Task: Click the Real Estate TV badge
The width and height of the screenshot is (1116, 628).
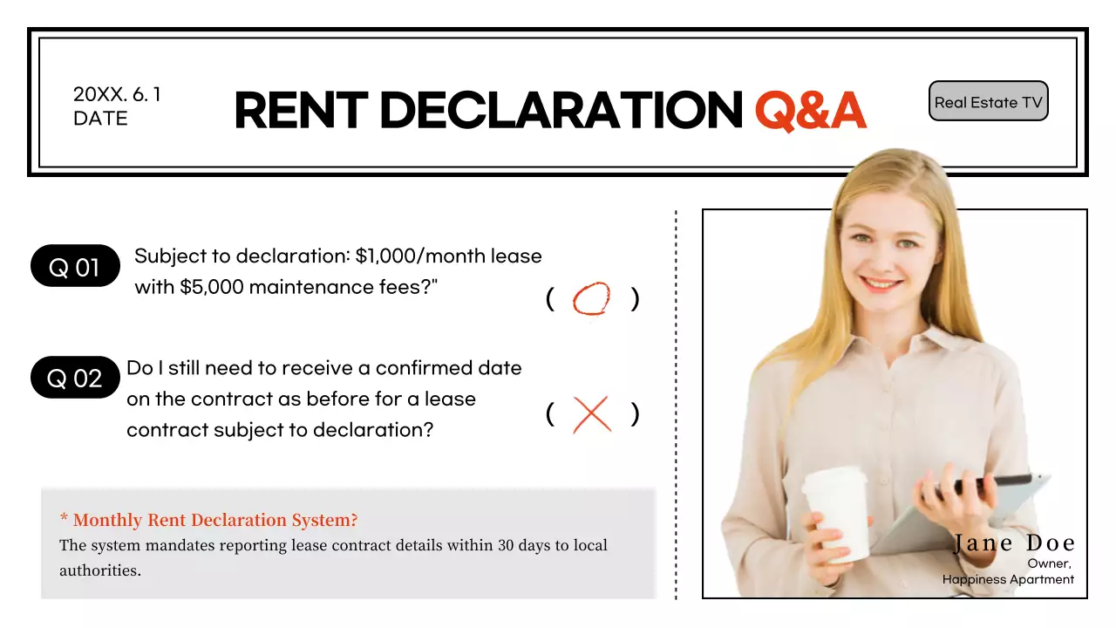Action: (x=988, y=102)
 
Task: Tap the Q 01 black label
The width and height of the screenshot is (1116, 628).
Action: (x=74, y=267)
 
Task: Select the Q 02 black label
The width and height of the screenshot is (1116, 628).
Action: (x=74, y=378)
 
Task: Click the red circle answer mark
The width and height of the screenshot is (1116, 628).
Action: (x=591, y=299)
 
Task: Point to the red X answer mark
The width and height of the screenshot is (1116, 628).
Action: (x=592, y=414)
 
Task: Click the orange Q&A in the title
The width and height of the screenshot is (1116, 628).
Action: (x=810, y=111)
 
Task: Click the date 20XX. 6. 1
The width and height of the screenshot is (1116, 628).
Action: (x=117, y=95)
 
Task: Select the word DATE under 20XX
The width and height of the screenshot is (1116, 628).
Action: (x=100, y=119)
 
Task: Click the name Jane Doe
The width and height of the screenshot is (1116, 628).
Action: (x=1014, y=543)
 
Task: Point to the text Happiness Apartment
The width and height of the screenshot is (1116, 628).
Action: (x=1008, y=579)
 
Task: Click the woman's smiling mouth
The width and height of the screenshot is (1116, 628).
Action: (x=881, y=284)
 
